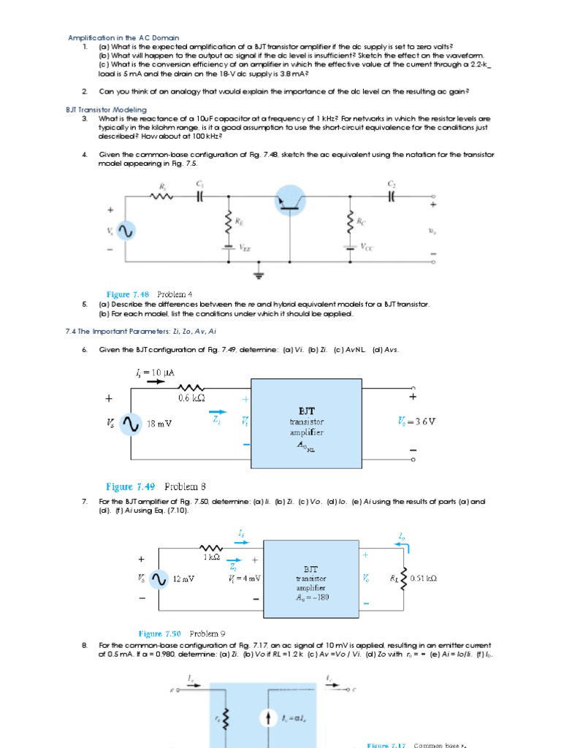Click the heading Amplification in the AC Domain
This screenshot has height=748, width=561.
[x=123, y=37]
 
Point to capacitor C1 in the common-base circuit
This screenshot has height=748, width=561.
[x=199, y=196]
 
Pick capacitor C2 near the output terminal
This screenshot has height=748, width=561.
[x=392, y=196]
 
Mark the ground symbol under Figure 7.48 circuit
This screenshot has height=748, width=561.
[x=258, y=275]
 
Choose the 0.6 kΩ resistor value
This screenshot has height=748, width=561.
[x=191, y=398]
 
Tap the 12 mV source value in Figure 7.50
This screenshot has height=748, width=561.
[x=184, y=579]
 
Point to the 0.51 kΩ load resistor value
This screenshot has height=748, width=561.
[x=424, y=579]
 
